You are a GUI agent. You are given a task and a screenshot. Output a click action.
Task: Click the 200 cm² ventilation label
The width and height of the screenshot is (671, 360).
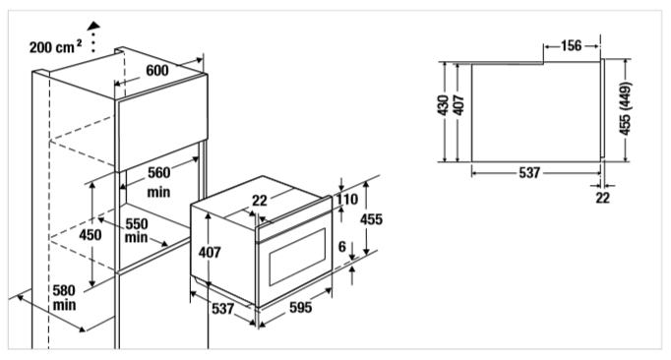pyautogui.click(x=55, y=46)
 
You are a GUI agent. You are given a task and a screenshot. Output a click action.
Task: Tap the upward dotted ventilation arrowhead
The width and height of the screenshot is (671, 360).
pyautogui.click(x=93, y=27)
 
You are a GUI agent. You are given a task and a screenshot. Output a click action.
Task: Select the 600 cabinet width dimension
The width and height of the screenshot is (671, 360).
pyautogui.click(x=157, y=70)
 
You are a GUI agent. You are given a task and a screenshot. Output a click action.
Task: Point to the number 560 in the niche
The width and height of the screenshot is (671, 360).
pyautogui.click(x=158, y=172)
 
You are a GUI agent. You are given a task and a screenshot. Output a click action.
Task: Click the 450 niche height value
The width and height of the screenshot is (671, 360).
pyautogui.click(x=91, y=234)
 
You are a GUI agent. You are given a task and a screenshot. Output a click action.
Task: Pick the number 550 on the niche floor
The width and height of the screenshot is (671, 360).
pyautogui.click(x=137, y=224)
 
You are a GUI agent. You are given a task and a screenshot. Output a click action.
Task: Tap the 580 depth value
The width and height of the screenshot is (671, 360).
pyautogui.click(x=64, y=290)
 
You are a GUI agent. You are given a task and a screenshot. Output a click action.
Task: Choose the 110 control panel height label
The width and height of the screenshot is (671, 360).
pyautogui.click(x=347, y=200)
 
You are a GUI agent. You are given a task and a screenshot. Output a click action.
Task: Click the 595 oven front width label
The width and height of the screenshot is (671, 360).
pyautogui.click(x=300, y=307)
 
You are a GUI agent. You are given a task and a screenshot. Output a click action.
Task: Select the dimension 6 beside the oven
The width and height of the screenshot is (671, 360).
pyautogui.click(x=342, y=247)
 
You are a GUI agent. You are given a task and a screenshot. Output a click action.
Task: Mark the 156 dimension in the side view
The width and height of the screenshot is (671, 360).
pyautogui.click(x=571, y=45)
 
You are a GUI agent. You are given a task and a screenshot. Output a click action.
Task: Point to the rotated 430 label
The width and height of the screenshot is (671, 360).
pyautogui.click(x=444, y=105)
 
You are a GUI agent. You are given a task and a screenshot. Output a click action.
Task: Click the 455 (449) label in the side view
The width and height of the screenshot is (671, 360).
pyautogui.click(x=625, y=109)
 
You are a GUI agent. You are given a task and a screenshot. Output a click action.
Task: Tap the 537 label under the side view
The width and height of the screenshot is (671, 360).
pyautogui.click(x=529, y=173)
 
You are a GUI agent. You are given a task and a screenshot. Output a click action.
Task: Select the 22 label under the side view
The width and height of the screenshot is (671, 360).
pyautogui.click(x=602, y=198)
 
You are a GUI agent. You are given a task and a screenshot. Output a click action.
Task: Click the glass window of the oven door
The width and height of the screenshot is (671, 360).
pyautogui.click(x=296, y=257)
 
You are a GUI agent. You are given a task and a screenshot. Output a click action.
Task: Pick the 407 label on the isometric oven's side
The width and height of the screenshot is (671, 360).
pyautogui.click(x=210, y=253)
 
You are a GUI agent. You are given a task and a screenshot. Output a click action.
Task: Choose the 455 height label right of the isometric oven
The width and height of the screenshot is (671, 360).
pyautogui.click(x=371, y=219)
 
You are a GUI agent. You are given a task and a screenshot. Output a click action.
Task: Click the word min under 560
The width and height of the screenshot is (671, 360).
pyautogui.click(x=158, y=192)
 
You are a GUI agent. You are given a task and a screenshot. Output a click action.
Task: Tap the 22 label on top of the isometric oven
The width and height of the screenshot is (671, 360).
pyautogui.click(x=260, y=201)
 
